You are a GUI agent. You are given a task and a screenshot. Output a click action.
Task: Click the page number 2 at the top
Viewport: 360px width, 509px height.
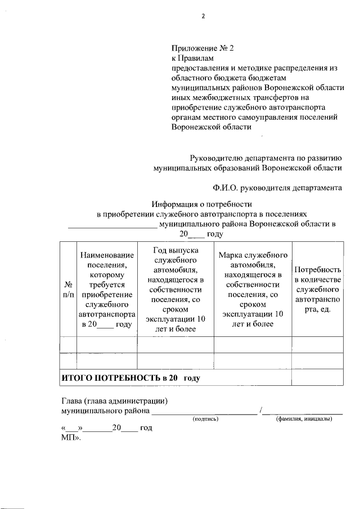tap(204, 16)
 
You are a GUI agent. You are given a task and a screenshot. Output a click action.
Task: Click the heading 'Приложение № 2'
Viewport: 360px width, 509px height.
tap(202, 48)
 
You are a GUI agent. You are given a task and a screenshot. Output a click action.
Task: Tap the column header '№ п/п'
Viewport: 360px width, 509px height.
tap(68, 289)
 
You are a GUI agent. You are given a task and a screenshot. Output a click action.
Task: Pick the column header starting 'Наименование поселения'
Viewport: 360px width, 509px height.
tap(107, 289)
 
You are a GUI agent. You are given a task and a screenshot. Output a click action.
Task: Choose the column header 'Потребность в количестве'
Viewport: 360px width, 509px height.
tap(317, 289)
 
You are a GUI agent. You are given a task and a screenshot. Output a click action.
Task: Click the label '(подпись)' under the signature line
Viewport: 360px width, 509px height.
tap(205, 419)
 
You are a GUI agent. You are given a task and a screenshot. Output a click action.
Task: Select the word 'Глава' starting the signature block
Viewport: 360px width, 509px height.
tap(71, 401)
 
